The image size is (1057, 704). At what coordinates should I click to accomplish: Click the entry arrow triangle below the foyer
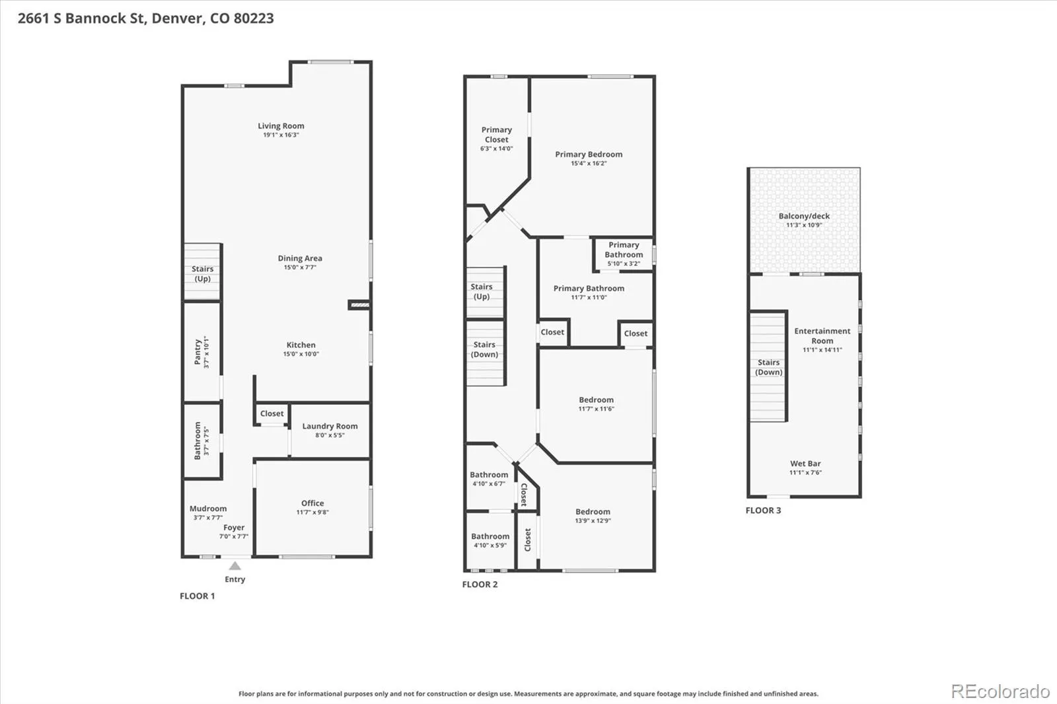(x=235, y=566)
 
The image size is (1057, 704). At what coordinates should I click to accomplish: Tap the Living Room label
(x=281, y=126)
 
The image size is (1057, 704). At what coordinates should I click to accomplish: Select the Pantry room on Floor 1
(x=202, y=352)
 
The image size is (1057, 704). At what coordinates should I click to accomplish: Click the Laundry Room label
(x=330, y=426)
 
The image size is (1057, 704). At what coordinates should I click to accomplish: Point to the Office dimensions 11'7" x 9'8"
(x=312, y=512)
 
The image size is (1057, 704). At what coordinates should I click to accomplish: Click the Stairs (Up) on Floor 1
(x=202, y=272)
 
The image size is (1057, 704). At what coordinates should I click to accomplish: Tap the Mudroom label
(x=208, y=509)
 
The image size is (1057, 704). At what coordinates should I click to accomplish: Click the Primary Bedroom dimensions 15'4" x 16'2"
(x=589, y=163)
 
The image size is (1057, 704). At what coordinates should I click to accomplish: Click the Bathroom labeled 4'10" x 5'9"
(x=490, y=541)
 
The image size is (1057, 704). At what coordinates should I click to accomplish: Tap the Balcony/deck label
(x=804, y=216)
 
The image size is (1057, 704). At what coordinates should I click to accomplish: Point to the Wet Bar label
(x=805, y=464)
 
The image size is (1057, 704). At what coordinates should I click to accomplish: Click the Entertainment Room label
(x=822, y=336)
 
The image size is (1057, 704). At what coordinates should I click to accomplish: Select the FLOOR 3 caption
(x=763, y=510)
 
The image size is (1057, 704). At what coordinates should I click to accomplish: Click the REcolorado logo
(x=1000, y=691)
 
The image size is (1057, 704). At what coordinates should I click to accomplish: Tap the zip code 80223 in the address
(x=254, y=18)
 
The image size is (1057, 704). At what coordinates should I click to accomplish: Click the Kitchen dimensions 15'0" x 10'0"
(x=301, y=354)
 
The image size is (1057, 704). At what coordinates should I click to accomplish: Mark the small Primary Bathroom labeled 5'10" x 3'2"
(x=624, y=254)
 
